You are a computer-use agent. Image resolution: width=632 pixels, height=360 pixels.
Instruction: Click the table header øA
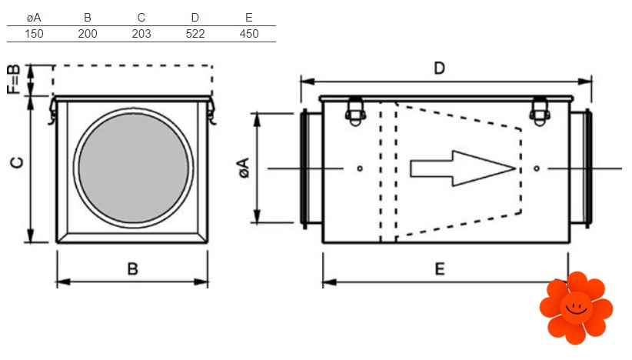pyautogui.click(x=33, y=17)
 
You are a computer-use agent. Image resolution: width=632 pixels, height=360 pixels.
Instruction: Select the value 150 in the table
pyautogui.click(x=33, y=33)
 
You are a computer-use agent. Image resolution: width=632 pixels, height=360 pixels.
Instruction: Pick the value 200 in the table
pyautogui.click(x=88, y=33)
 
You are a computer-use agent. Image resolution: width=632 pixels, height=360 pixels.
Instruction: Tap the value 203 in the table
pyautogui.click(x=141, y=33)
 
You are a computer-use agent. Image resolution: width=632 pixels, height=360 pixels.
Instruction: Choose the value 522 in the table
pyautogui.click(x=195, y=33)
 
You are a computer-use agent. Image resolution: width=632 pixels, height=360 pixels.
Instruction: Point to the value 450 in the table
pyautogui.click(x=248, y=33)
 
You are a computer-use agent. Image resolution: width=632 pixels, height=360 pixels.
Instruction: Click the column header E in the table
pyautogui.click(x=248, y=17)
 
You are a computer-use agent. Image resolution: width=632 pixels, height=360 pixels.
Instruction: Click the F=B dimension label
pyautogui.click(x=13, y=80)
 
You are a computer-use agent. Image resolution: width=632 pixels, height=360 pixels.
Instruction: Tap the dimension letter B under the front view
pyautogui.click(x=132, y=268)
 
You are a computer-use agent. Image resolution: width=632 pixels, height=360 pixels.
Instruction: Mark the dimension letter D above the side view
pyautogui.click(x=439, y=68)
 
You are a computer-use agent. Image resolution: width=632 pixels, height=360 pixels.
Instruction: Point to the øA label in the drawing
pyautogui.click(x=243, y=168)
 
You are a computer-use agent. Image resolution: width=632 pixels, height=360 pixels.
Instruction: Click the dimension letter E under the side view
pyautogui.click(x=439, y=268)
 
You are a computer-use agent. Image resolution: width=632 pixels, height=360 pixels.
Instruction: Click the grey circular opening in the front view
pyautogui.click(x=132, y=167)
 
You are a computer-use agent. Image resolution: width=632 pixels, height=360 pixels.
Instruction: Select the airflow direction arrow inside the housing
pyautogui.click(x=461, y=168)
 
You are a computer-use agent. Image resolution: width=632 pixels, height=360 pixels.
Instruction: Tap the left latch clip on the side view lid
pyautogui.click(x=355, y=109)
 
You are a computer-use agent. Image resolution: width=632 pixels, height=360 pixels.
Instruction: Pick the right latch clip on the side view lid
pyautogui.click(x=540, y=109)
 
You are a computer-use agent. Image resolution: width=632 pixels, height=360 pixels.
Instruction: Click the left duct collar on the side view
pyautogui.click(x=310, y=168)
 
